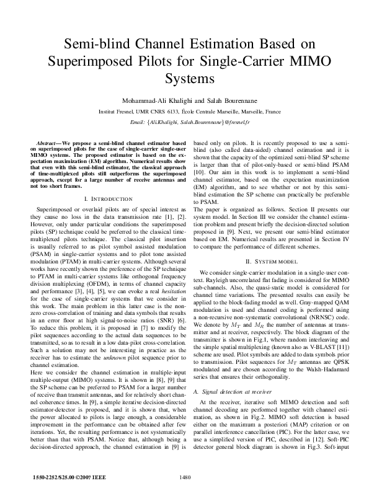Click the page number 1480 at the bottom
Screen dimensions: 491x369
tap(184, 476)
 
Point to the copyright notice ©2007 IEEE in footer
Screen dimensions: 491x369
tap(64, 476)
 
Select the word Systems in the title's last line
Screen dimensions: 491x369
tap(184, 79)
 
